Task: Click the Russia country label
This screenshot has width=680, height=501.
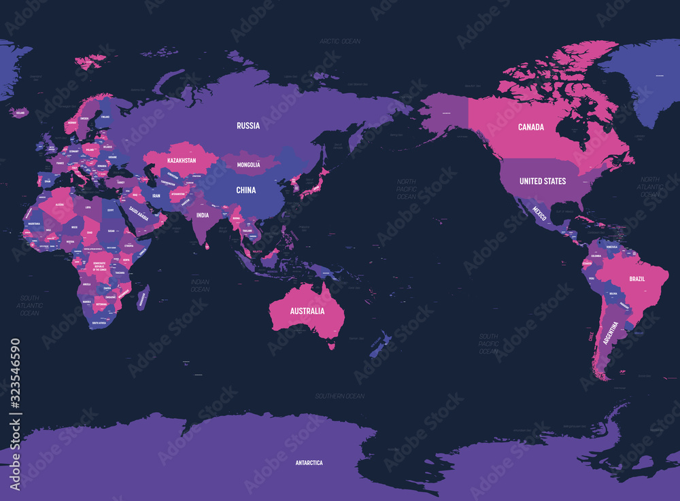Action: pos(248,126)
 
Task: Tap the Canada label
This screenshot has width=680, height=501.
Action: pos(530,127)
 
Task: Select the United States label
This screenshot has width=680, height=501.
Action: pos(542,182)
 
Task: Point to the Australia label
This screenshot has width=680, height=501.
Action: pos(307,311)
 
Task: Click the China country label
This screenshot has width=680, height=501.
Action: pos(246,190)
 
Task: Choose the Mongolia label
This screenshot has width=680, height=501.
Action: pos(253,165)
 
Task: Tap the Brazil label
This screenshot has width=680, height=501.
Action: pos(637,279)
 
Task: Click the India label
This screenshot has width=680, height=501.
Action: pos(203,215)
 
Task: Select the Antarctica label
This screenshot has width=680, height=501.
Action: pos(309,463)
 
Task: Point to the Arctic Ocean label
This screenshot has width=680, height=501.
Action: pos(340,41)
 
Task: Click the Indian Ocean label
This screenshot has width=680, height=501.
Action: pos(200,286)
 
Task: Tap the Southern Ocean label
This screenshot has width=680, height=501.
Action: pos(340,396)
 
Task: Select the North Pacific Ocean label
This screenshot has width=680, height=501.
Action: pos(406,189)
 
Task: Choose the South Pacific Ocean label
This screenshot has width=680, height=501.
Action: pos(488,343)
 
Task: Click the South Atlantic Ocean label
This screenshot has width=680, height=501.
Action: pos(29,305)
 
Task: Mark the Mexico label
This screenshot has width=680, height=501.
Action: pos(540,210)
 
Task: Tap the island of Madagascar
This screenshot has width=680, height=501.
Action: pos(143,298)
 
